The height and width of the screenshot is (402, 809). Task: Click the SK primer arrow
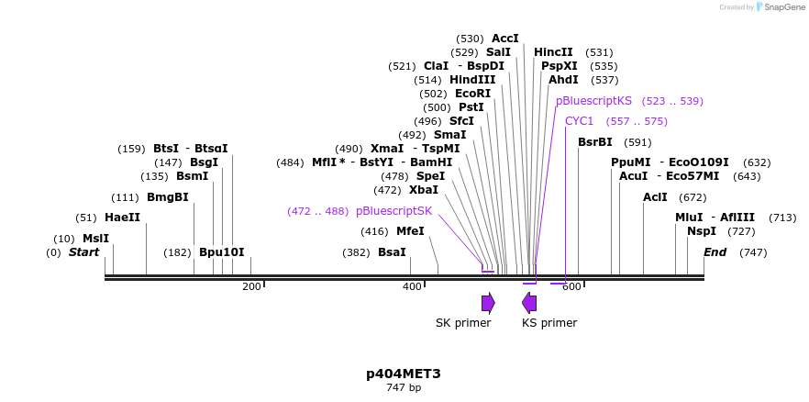(x=488, y=304)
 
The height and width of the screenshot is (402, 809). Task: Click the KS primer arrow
(x=529, y=304)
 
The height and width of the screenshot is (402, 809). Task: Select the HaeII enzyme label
(x=122, y=218)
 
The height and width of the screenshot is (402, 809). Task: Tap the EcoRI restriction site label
(x=472, y=94)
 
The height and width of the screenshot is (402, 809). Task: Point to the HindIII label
(x=472, y=80)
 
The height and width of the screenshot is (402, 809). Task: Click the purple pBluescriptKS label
(x=593, y=101)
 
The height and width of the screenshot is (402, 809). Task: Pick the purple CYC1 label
(x=580, y=121)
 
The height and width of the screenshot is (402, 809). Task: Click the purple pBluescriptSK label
(x=394, y=211)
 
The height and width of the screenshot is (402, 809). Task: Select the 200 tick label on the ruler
(x=251, y=287)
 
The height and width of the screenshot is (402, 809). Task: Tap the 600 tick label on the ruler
(x=571, y=287)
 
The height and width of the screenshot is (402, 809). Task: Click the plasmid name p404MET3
(x=404, y=374)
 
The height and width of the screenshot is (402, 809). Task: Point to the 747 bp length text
(x=404, y=387)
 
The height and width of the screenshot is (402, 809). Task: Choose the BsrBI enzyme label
(x=595, y=142)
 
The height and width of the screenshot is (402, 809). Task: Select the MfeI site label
(x=410, y=230)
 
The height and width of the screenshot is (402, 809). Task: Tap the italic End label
(x=715, y=252)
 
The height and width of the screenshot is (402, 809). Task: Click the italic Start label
(x=84, y=252)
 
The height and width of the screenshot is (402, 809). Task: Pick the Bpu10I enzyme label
(x=222, y=252)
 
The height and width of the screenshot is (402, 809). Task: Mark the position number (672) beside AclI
(x=693, y=197)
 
